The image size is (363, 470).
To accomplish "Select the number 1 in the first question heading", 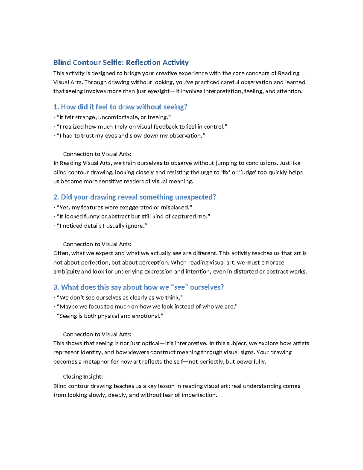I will pyautogui.click(x=55, y=107).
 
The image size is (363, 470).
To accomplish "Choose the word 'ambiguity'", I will pyautogui.click(x=66, y=272).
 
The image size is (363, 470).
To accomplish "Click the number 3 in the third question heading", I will pyautogui.click(x=55, y=288).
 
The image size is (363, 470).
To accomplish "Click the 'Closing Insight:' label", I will pyautogui.click(x=83, y=377).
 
